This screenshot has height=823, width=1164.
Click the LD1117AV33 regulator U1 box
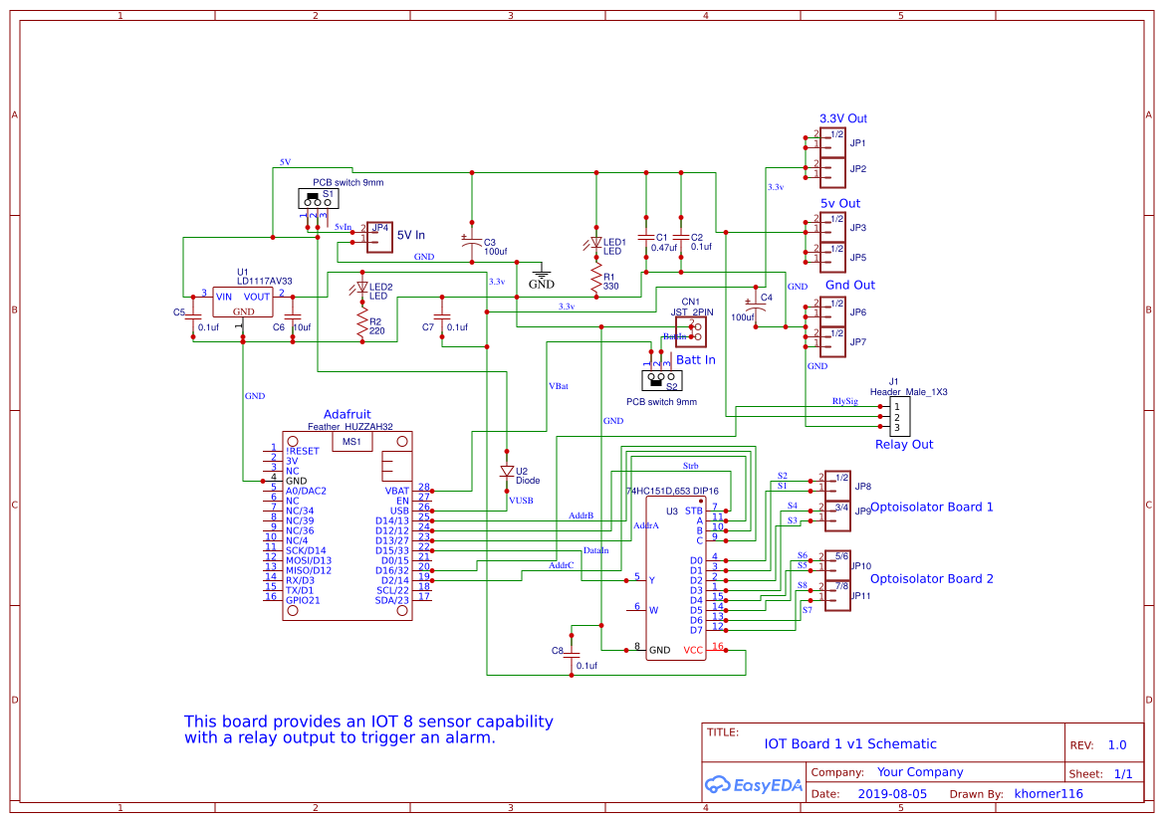point(243,303)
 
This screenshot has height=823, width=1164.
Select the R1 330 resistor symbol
point(595,279)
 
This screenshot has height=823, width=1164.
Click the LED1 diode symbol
point(595,243)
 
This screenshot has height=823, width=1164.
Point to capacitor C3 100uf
point(472,243)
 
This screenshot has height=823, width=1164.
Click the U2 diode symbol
point(507,472)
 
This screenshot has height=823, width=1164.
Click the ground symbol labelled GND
point(541,273)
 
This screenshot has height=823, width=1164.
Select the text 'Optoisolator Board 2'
point(931,578)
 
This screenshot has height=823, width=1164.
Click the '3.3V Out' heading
point(842,118)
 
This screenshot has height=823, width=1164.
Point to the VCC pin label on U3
point(693,651)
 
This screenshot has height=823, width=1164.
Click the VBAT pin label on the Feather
point(396,491)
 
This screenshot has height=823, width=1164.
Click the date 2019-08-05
point(892,794)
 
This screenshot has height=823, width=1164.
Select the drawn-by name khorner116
point(1048,794)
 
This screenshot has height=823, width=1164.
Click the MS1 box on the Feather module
point(352,441)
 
